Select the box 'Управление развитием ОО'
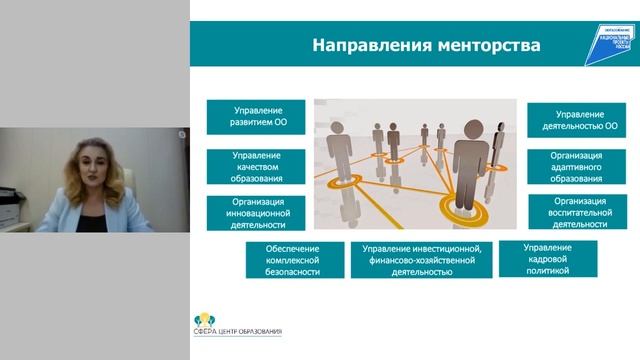(258, 117)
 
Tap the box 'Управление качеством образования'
(257, 166)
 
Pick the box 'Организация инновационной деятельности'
(257, 211)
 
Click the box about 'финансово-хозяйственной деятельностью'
(421, 259)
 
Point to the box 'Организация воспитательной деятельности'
(577, 211)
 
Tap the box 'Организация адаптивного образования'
(577, 167)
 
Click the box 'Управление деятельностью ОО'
(577, 117)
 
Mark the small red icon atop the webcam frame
(183, 133)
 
